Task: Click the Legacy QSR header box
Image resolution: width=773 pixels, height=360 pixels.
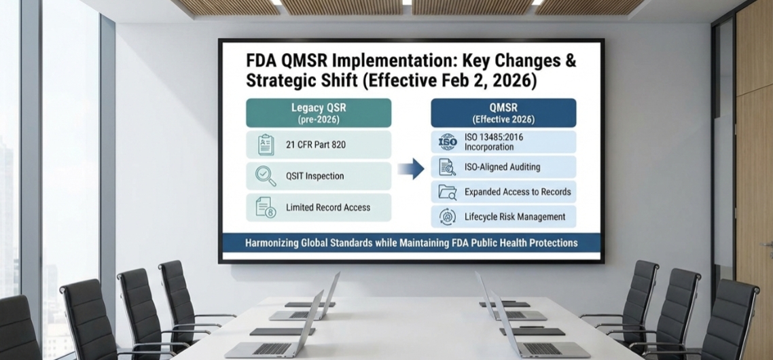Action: click(319, 113)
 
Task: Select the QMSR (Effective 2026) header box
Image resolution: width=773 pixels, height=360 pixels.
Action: click(503, 113)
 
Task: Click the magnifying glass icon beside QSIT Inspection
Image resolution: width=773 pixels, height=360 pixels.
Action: click(265, 176)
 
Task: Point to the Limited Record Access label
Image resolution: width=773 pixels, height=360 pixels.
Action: click(328, 207)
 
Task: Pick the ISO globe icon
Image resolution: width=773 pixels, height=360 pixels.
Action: click(448, 141)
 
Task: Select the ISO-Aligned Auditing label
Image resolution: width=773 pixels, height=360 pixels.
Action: click(502, 166)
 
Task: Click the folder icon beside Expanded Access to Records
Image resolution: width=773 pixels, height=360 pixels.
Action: click(448, 192)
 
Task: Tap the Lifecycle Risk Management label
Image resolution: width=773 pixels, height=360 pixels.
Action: click(515, 217)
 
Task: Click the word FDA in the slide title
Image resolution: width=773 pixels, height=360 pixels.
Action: click(262, 60)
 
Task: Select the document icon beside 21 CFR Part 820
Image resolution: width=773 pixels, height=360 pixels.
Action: click(266, 145)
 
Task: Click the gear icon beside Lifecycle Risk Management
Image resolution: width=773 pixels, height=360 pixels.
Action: click(448, 217)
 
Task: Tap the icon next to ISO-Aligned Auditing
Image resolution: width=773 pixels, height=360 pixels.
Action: click(448, 166)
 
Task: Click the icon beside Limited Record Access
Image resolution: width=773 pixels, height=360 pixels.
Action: click(266, 207)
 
